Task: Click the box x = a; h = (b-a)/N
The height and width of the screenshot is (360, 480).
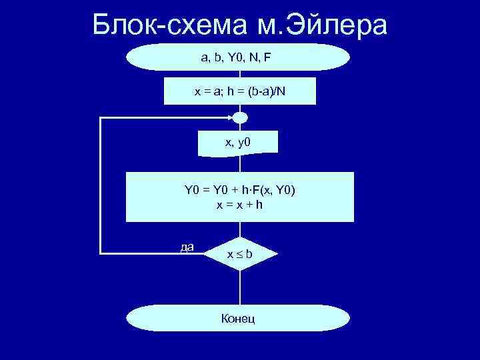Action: [239, 91]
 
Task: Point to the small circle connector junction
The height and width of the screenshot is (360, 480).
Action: [240, 118]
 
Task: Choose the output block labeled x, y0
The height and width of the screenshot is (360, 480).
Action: [239, 142]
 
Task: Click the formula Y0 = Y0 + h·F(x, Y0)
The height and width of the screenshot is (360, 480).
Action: [239, 191]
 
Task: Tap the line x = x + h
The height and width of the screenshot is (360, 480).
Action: [239, 205]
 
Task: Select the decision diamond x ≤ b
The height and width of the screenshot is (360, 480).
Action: [239, 254]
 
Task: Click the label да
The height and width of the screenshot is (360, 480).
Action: [187, 247]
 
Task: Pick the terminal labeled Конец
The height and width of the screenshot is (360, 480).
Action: [239, 319]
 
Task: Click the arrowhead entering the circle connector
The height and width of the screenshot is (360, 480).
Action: [231, 118]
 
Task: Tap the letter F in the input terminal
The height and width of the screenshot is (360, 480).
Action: [267, 57]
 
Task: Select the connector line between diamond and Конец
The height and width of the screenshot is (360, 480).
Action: [239, 288]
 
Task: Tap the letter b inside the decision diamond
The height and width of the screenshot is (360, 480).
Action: [248, 255]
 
